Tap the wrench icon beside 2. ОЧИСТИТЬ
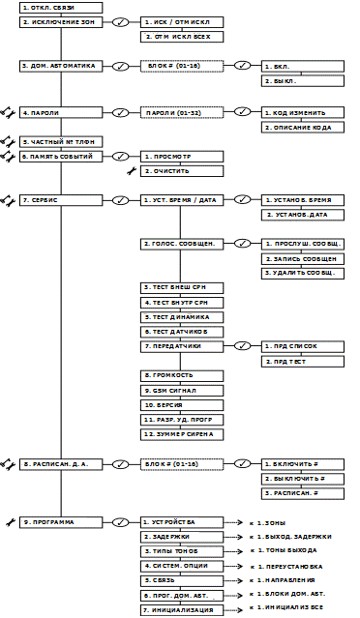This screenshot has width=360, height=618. tap(132, 171)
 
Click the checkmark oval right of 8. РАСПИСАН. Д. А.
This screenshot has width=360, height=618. tap(121, 464)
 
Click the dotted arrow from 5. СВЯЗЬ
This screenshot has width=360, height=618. tap(235, 581)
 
